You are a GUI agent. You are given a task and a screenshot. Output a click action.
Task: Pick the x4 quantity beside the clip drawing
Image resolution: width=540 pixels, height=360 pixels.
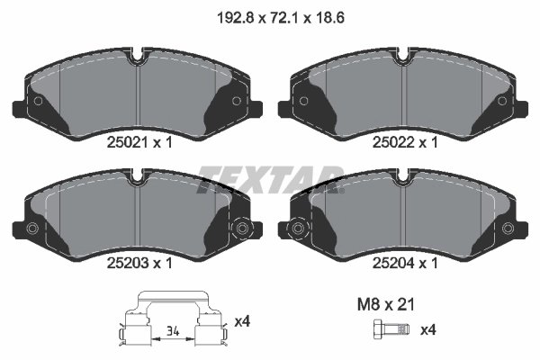(x=242, y=320)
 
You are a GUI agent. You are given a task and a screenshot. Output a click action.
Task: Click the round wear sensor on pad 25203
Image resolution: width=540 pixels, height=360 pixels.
(x=240, y=229)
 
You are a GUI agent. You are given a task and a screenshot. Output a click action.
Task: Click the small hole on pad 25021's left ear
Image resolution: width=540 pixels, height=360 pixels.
(x=38, y=100)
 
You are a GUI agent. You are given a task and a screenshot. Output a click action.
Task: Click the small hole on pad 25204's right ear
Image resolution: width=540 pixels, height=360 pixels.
(x=507, y=229)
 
